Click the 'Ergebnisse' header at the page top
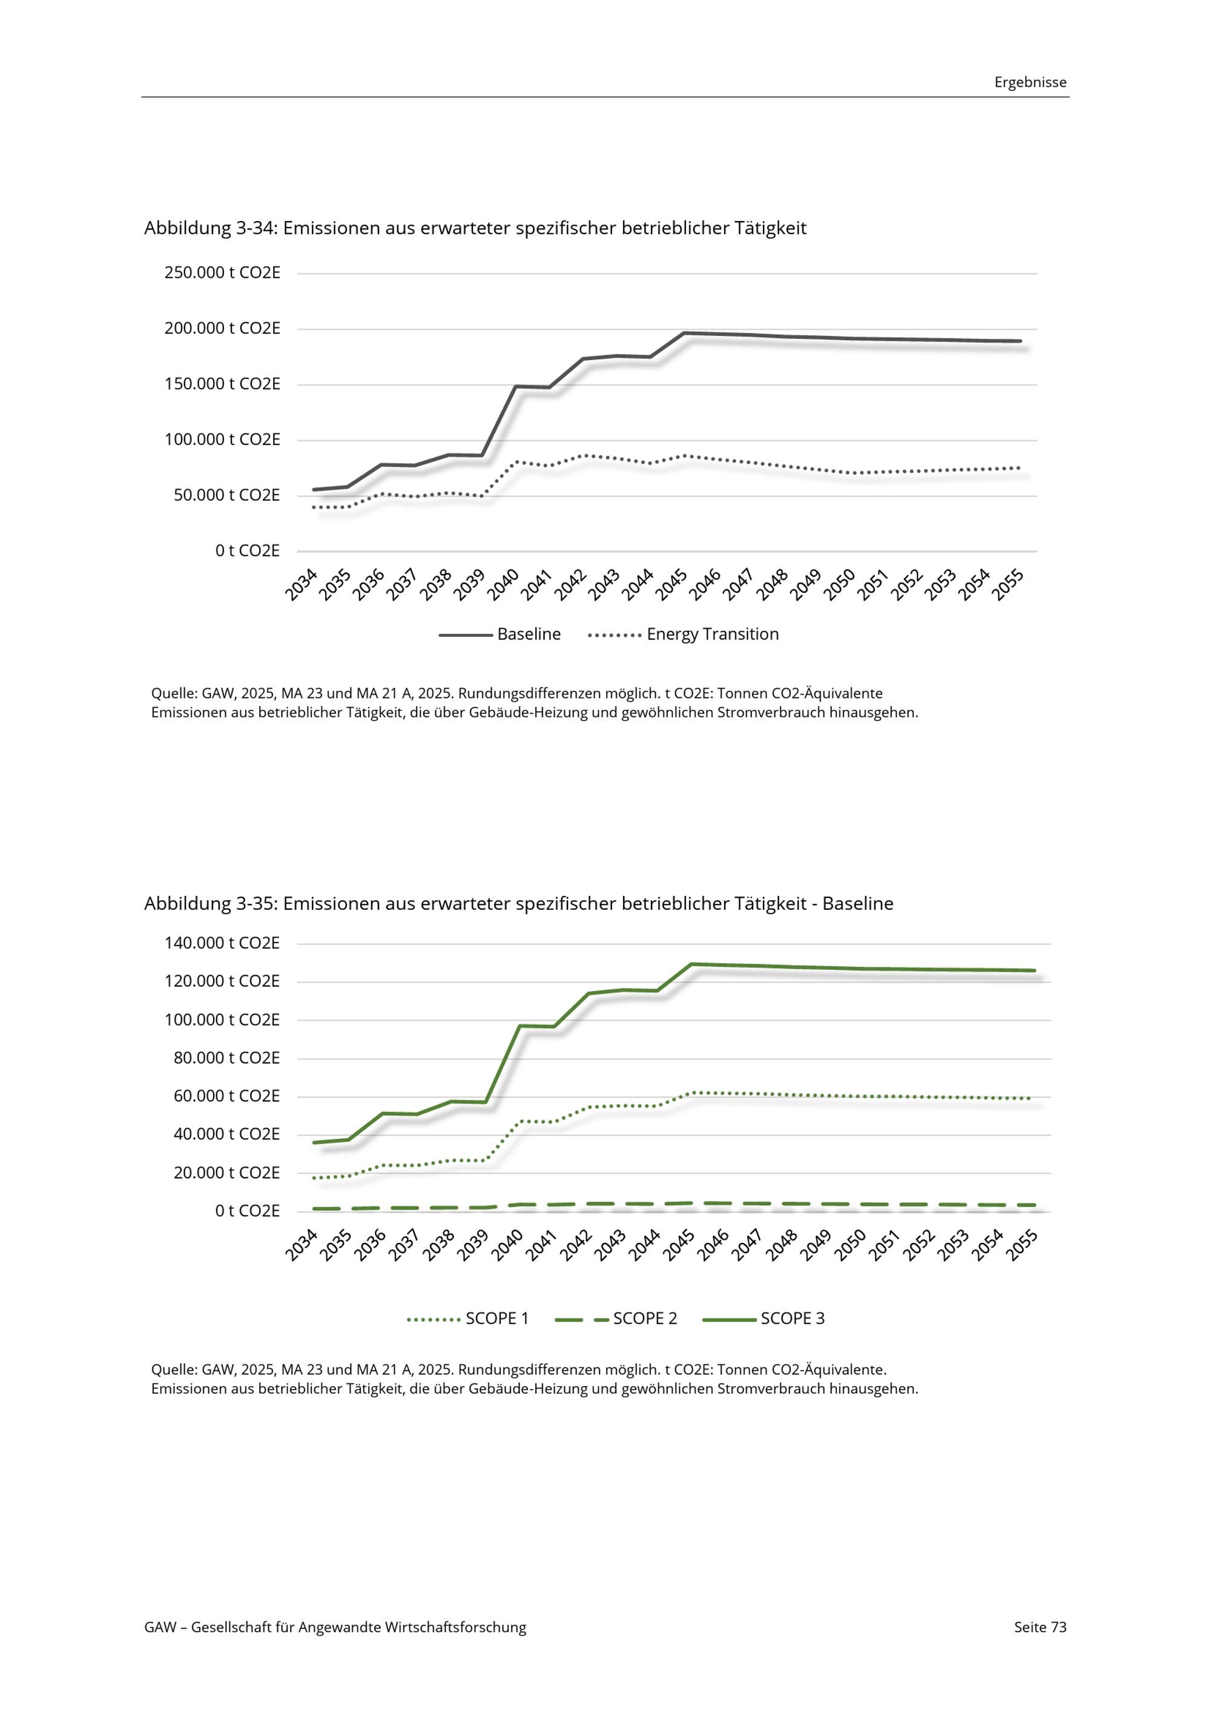pos(1030,82)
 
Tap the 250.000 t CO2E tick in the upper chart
pos(222,273)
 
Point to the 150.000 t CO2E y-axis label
pos(222,384)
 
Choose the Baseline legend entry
pos(500,634)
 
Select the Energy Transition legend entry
pos(683,634)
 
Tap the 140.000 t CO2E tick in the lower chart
pos(222,943)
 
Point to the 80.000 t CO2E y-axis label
pos(226,1058)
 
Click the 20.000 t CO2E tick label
pos(226,1173)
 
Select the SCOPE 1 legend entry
pos(467,1319)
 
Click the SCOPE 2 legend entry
pos(616,1319)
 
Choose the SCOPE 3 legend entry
pos(764,1319)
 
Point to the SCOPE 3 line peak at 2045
pos(691,964)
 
